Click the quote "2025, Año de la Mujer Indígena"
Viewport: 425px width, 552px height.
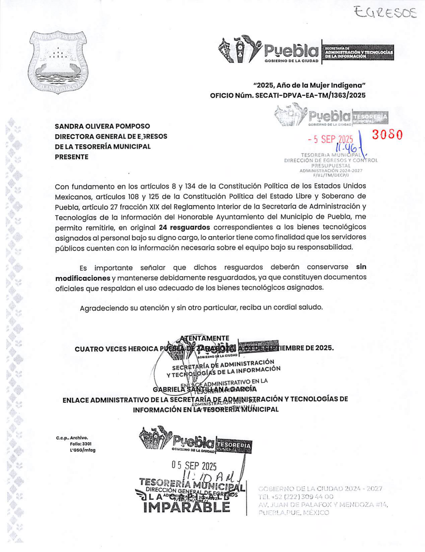point(309,85)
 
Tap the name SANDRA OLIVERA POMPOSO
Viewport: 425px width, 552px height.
point(102,126)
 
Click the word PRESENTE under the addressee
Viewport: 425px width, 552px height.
point(72,157)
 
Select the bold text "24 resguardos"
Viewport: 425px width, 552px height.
point(184,227)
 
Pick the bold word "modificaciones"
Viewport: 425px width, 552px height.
point(83,278)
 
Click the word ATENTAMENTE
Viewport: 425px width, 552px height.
point(204,338)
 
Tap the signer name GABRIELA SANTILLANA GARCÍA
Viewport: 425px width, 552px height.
point(205,389)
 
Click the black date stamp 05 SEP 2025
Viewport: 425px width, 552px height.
point(194,465)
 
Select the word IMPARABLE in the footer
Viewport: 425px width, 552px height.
point(187,507)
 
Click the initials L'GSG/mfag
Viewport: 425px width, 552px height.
point(83,450)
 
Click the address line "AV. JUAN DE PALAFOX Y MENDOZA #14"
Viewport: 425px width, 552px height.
point(323,504)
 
